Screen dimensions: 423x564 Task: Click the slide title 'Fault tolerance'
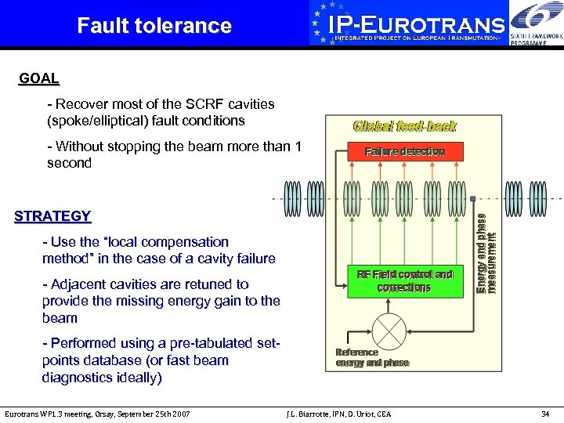coord(154,26)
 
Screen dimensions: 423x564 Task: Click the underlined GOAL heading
coord(39,78)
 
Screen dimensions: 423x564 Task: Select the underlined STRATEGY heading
coord(52,216)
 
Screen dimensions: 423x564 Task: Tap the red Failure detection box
coord(404,152)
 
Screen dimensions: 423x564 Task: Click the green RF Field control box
coord(404,281)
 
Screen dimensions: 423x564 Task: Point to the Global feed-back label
coord(404,126)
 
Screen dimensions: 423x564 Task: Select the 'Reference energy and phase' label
coord(372,358)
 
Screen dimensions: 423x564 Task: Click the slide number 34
coord(545,413)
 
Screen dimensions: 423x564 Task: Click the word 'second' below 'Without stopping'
coord(69,163)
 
